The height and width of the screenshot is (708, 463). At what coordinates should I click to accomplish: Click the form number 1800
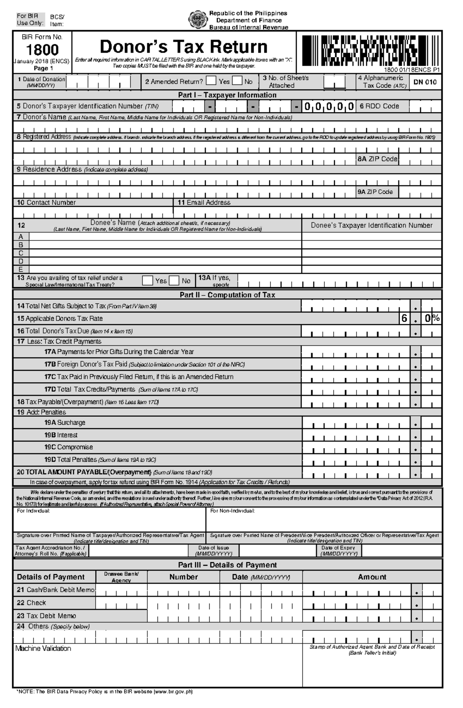click(x=42, y=50)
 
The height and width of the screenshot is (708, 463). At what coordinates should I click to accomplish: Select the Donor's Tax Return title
click(x=184, y=47)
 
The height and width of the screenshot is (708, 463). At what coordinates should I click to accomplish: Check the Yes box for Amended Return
click(x=211, y=81)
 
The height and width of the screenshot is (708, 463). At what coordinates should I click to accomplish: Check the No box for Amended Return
click(x=237, y=81)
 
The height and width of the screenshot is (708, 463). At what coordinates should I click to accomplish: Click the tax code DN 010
click(x=425, y=82)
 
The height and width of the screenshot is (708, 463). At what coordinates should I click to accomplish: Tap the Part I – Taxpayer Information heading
click(x=227, y=95)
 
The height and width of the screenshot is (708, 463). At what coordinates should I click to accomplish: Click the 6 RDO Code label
click(x=379, y=106)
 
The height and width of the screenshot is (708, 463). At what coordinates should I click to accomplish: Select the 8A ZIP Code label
click(x=377, y=159)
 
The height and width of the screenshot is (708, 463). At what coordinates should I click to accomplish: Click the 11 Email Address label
click(x=204, y=203)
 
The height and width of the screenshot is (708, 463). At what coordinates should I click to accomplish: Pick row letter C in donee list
click(x=21, y=253)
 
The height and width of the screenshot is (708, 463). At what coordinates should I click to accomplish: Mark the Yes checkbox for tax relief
click(x=147, y=280)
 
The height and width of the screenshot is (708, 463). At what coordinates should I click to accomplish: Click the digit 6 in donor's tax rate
click(x=404, y=318)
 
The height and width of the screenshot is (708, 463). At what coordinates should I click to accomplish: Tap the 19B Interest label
click(x=61, y=435)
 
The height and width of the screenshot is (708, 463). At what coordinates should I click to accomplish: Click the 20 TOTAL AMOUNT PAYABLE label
click(x=84, y=472)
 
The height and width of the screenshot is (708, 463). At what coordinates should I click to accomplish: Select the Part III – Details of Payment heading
click(x=227, y=565)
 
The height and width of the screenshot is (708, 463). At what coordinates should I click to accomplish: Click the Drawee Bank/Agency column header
click(x=121, y=577)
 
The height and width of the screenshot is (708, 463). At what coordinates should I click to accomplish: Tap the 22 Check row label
click(x=31, y=603)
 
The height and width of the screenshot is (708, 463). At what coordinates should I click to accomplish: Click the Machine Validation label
click(x=43, y=649)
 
